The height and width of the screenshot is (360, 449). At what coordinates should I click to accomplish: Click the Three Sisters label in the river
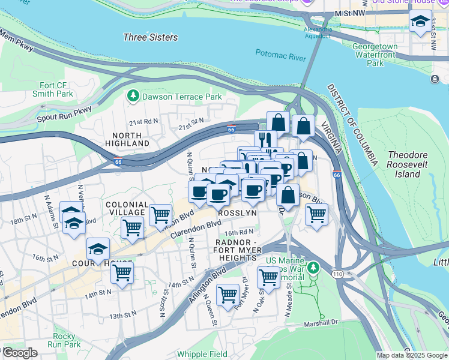(151, 37)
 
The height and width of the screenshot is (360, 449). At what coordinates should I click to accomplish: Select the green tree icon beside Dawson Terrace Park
(132, 96)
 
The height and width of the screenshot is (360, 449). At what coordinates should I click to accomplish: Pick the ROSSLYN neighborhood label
(237, 213)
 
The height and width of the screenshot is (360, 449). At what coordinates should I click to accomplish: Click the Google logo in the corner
(19, 353)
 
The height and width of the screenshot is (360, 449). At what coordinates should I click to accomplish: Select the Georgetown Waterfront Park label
(375, 54)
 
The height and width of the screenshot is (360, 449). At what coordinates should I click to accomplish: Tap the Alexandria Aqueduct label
(318, 32)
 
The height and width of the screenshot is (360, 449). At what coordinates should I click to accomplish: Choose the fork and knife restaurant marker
(265, 140)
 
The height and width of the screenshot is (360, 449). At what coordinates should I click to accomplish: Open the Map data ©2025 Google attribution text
(412, 355)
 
